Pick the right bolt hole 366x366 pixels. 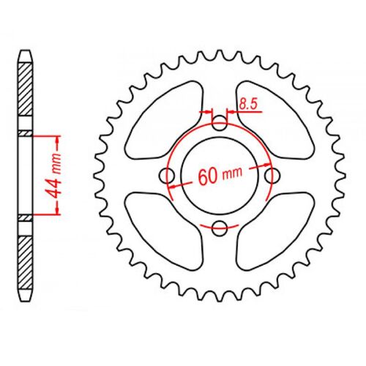pos(273,176)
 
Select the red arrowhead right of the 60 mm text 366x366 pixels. pos(257,169)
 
